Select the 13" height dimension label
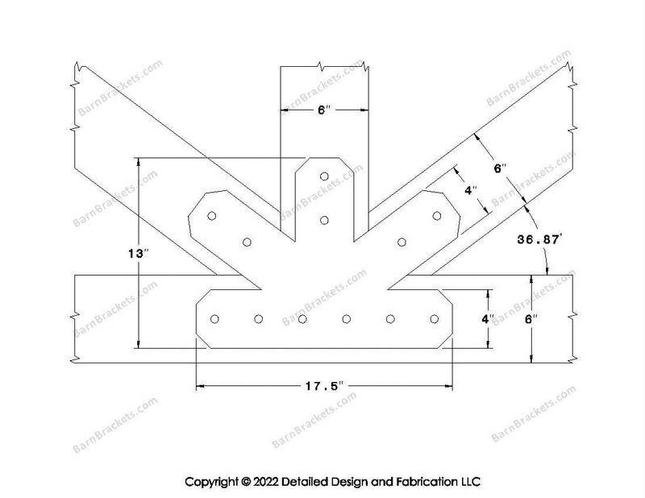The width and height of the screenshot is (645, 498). [x=139, y=253]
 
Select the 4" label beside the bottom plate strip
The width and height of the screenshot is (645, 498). [x=487, y=318]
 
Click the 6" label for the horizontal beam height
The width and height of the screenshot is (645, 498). [x=531, y=319]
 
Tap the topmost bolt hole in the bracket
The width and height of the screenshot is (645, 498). [x=324, y=176]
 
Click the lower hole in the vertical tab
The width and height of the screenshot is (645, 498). [x=324, y=219]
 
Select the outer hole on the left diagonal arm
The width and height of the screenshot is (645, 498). [x=212, y=215]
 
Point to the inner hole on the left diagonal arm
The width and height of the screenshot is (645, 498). [x=248, y=242]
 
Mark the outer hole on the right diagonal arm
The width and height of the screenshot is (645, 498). [x=437, y=215]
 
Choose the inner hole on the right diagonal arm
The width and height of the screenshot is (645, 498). [x=402, y=242]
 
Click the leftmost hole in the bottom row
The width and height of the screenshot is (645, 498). [x=214, y=319]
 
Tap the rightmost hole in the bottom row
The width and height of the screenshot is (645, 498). [x=434, y=319]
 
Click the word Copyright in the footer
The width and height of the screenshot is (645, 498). [x=214, y=482]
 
